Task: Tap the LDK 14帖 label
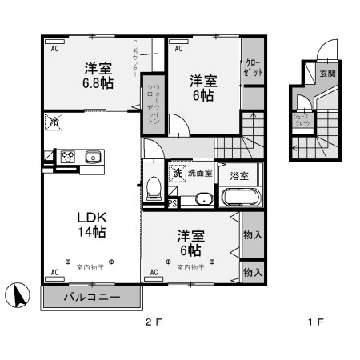tap(91, 224)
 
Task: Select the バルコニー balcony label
tap(92, 298)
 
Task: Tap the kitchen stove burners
tap(66, 157)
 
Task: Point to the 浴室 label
tap(238, 175)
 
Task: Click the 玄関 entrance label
tap(327, 74)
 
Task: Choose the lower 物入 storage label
tap(253, 272)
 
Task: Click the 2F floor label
tap(153, 323)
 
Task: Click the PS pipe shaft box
tap(173, 203)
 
